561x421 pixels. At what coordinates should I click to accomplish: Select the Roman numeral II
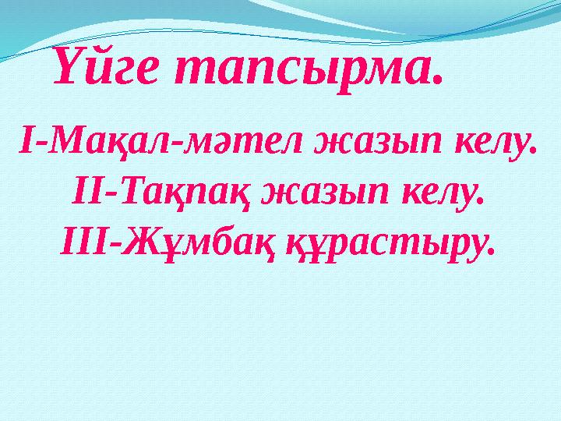pos(85,193)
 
